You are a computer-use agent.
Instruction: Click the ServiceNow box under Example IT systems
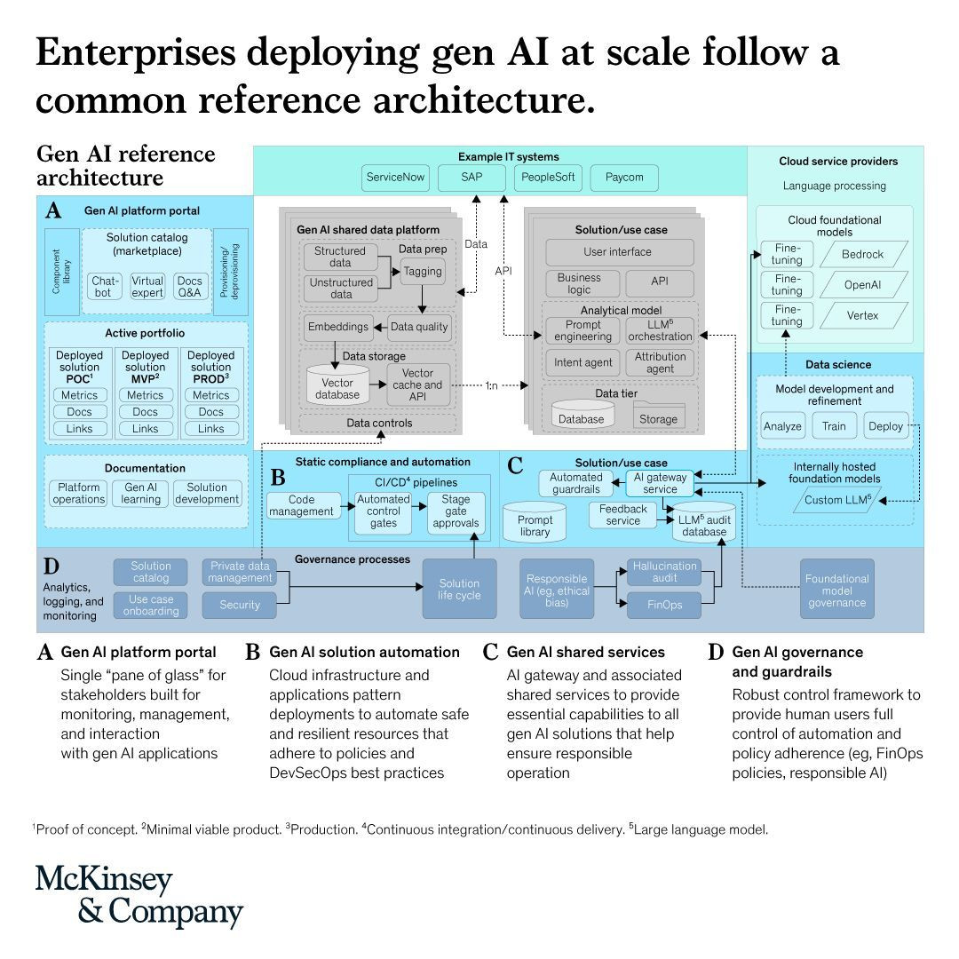(395, 178)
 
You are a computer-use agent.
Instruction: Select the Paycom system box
(624, 178)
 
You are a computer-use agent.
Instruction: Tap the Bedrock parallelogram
(863, 255)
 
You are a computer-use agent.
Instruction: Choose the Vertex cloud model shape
(863, 315)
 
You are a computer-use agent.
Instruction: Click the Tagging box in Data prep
(423, 272)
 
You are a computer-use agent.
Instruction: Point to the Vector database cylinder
(337, 385)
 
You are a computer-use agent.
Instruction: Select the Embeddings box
(338, 327)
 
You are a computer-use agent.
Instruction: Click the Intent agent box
(583, 362)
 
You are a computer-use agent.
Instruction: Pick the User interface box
(620, 252)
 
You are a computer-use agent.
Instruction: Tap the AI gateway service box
(660, 484)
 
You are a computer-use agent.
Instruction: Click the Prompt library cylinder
(535, 523)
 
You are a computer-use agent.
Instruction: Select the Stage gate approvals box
(456, 512)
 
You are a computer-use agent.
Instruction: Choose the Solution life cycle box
(459, 590)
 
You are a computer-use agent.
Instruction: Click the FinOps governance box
(664, 605)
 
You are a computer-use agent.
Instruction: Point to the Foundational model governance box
(836, 590)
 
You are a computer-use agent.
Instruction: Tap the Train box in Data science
(834, 426)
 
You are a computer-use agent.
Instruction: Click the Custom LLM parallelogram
(837, 500)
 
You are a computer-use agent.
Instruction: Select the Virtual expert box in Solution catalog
(147, 287)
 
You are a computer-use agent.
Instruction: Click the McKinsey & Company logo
(139, 895)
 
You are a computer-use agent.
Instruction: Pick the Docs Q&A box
(190, 287)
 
